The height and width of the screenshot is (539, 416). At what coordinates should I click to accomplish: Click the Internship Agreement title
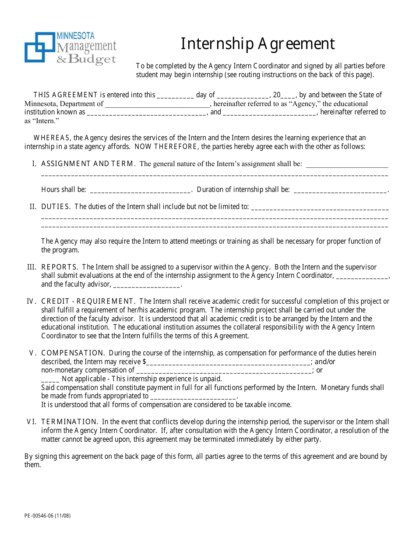pyautogui.click(x=258, y=44)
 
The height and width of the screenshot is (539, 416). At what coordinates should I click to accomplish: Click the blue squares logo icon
pyautogui.click(x=40, y=47)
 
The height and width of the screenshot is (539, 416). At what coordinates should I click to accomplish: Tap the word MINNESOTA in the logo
pyautogui.click(x=75, y=36)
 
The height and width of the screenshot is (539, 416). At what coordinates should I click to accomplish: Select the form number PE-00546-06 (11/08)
pyautogui.click(x=47, y=516)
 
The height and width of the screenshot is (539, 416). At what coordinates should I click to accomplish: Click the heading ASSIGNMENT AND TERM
pyautogui.click(x=88, y=164)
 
